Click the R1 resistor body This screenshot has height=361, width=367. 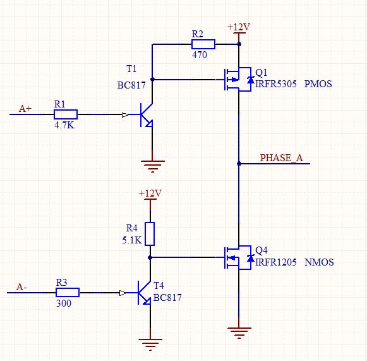click(66, 114)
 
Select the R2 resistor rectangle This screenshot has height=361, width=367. click(203, 44)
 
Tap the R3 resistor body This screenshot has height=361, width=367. click(68, 292)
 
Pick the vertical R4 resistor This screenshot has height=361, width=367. click(150, 234)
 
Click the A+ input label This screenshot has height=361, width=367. click(25, 109)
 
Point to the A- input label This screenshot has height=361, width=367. click(21, 287)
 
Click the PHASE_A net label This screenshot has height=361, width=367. click(282, 158)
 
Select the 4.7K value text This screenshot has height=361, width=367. click(64, 125)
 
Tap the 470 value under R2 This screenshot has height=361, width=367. click(200, 55)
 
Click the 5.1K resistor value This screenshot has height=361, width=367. click(132, 240)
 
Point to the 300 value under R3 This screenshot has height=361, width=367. click(64, 303)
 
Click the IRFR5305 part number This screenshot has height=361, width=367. click(275, 84)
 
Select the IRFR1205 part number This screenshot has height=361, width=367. click(275, 262)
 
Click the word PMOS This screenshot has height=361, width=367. click(318, 84)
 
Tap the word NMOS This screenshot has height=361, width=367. click(319, 262)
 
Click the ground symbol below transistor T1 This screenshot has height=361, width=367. click(153, 166)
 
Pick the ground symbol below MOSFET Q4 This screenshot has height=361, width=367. click(239, 333)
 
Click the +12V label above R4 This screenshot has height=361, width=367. click(150, 193)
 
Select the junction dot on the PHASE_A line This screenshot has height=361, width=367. click(239, 164)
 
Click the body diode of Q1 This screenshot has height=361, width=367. click(251, 80)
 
